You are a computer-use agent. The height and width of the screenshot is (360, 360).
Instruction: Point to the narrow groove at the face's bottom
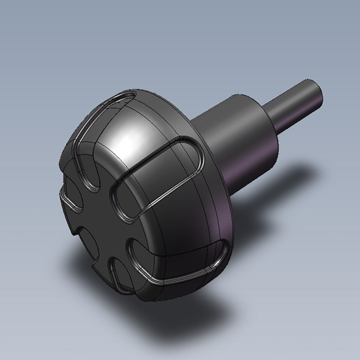click(x=117, y=274)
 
